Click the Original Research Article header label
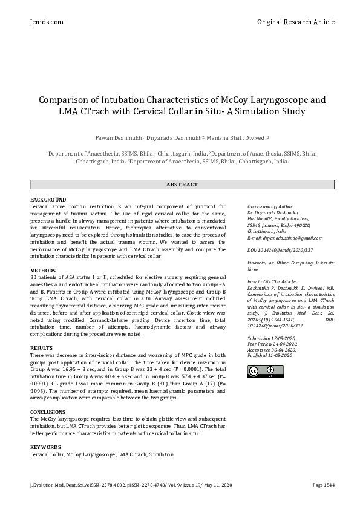coord(295,22)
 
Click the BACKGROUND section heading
coord(48,200)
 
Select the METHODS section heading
coord(43,271)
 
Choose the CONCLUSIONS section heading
coord(48,412)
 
